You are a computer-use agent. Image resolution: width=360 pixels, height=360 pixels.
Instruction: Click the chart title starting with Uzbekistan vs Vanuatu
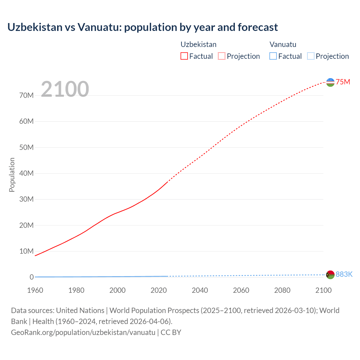click(143, 27)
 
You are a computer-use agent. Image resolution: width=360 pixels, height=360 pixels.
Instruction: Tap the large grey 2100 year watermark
click(65, 89)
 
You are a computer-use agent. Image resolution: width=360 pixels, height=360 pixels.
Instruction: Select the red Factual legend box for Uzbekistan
click(184, 56)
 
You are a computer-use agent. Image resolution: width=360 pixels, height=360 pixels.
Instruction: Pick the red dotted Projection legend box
click(222, 56)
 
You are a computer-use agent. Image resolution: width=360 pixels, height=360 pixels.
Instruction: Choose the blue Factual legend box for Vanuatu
click(273, 56)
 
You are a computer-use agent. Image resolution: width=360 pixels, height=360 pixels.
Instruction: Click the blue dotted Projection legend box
click(311, 56)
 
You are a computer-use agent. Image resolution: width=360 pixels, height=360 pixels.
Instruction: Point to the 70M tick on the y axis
click(26, 95)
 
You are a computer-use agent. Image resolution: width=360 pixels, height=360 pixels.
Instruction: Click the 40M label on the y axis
click(26, 173)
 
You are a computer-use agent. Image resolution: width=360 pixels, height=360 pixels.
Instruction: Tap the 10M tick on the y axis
click(26, 251)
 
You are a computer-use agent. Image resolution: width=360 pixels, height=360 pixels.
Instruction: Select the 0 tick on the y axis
click(32, 277)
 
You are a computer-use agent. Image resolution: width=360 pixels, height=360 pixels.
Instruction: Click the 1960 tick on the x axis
click(35, 290)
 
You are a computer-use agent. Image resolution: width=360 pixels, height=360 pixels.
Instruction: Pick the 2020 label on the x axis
click(159, 290)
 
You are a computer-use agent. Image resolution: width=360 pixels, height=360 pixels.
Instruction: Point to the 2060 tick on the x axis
click(241, 290)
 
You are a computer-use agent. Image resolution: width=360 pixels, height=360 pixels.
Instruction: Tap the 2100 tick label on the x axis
click(323, 290)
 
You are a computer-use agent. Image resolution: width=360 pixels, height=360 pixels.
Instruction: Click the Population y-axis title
click(12, 175)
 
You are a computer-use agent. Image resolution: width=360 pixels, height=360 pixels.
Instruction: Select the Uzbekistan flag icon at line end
click(330, 82)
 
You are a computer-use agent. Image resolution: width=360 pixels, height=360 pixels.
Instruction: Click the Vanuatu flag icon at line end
click(330, 275)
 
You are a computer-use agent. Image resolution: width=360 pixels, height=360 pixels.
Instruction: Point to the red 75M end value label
click(343, 82)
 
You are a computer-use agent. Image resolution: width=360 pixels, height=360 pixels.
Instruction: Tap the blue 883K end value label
click(344, 274)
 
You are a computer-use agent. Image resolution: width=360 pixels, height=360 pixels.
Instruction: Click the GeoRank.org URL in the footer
click(83, 332)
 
